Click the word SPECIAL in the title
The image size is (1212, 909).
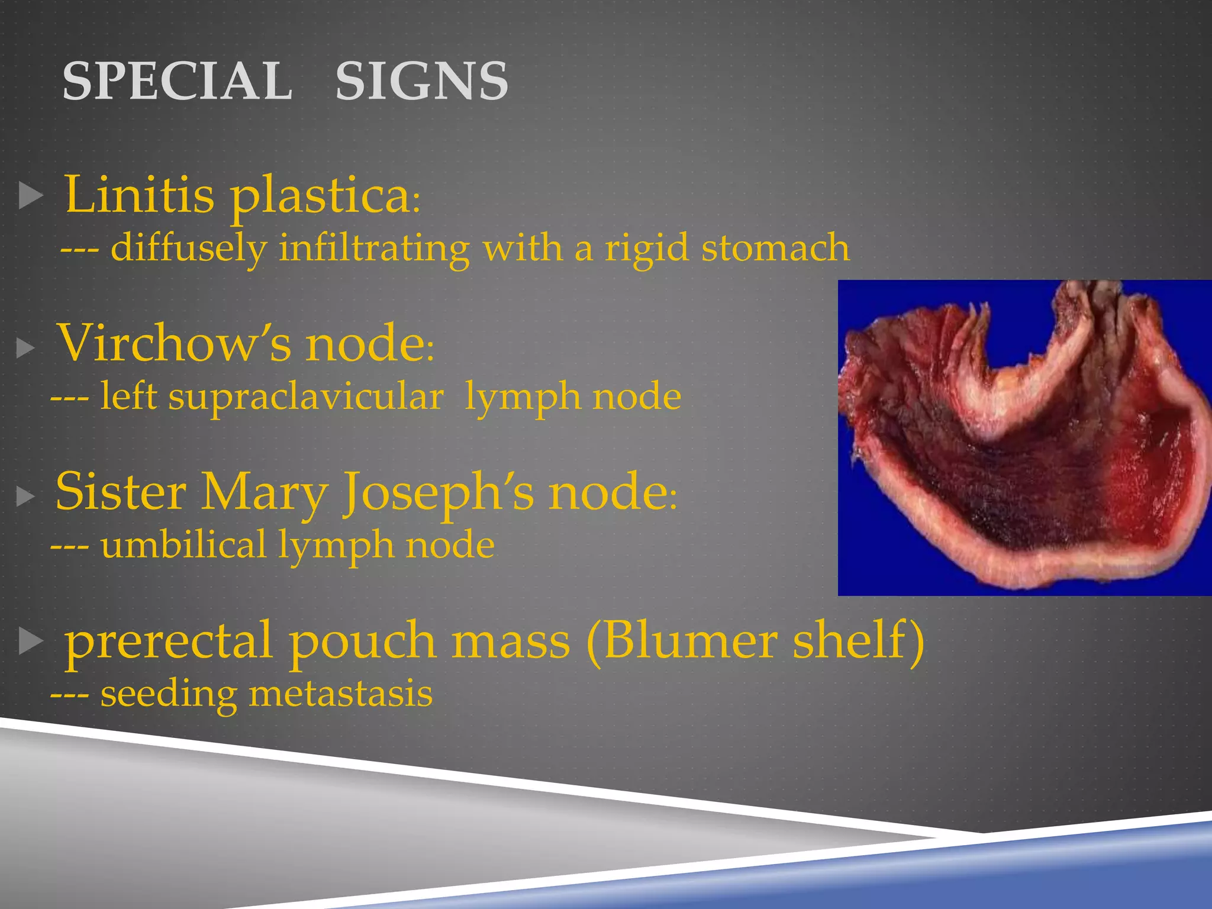click(x=177, y=81)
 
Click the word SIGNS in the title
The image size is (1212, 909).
click(x=421, y=81)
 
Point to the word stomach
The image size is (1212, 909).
click(x=775, y=247)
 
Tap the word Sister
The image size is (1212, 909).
click(x=121, y=492)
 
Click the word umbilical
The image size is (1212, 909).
click(x=183, y=545)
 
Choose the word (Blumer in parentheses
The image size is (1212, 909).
click(x=681, y=641)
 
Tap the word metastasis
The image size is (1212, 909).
click(x=340, y=694)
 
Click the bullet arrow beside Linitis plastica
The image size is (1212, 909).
click(x=31, y=195)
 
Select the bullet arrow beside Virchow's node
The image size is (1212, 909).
click(x=25, y=348)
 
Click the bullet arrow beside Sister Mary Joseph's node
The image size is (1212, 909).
click(x=25, y=496)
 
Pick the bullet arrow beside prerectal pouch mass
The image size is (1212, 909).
click(x=31, y=642)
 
